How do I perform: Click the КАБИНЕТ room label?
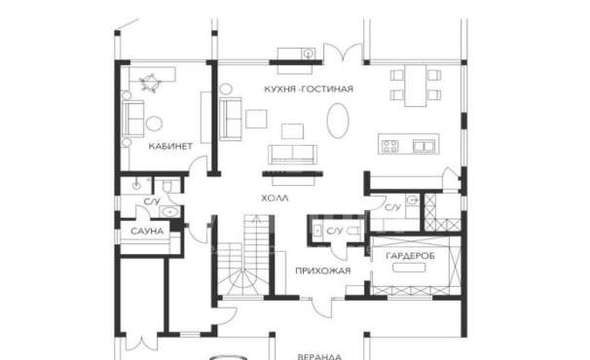tap(170, 146)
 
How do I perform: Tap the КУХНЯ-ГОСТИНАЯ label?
tap(309, 90)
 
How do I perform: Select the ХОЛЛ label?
tap(275, 198)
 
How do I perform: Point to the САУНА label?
tap(147, 231)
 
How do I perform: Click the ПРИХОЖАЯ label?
tap(323, 270)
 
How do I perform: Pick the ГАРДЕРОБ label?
tap(411, 256)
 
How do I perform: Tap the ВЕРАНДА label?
tap(319, 357)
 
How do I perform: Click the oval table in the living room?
tap(338, 121)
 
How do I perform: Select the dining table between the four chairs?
tap(416, 86)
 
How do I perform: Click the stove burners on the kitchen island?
tap(389, 146)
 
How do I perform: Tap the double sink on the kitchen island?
tap(424, 146)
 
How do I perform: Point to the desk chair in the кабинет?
tap(150, 83)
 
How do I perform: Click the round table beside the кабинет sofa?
tap(154, 124)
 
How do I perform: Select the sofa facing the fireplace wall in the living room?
tap(292, 155)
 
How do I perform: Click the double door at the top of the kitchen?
tap(343, 53)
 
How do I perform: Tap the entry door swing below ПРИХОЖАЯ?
tap(322, 307)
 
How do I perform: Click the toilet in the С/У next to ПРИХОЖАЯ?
tap(352, 231)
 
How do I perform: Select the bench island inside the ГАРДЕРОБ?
tap(409, 268)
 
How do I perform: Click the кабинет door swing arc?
tap(196, 162)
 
